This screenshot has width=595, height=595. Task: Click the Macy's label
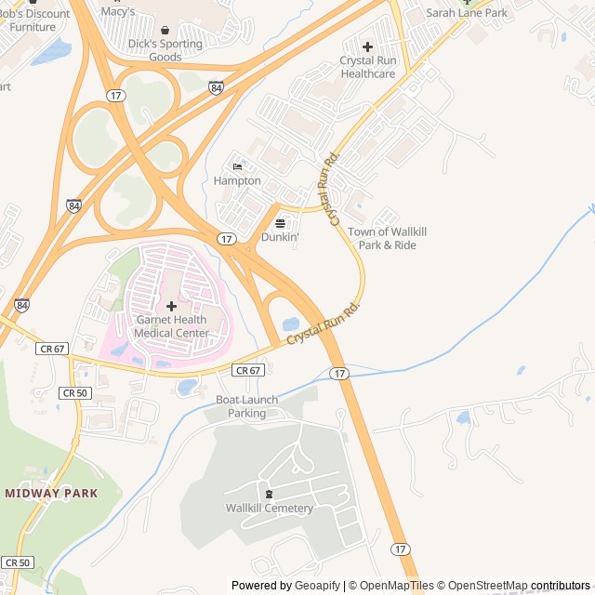pyautogui.click(x=118, y=11)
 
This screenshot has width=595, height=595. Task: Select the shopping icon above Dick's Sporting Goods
pyautogui.click(x=165, y=30)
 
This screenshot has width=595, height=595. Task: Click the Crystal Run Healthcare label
pyautogui.click(x=367, y=67)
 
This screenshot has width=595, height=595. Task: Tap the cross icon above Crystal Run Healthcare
pyautogui.click(x=367, y=46)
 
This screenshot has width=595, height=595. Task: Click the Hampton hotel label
pyautogui.click(x=237, y=180)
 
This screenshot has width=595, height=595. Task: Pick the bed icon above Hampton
pyautogui.click(x=237, y=166)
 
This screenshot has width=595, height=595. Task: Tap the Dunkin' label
pyautogui.click(x=280, y=237)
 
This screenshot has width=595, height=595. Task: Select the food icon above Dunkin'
pyautogui.click(x=280, y=223)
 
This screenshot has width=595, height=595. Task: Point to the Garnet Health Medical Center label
pyautogui.click(x=171, y=326)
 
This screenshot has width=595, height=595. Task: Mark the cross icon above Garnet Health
pyautogui.click(x=171, y=306)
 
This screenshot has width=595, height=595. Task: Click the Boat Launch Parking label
pyautogui.click(x=246, y=406)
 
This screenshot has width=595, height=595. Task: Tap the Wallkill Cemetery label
pyautogui.click(x=270, y=508)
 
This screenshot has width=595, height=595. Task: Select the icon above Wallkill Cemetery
pyautogui.click(x=270, y=494)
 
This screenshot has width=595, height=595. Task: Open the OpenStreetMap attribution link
pyautogui.click(x=483, y=586)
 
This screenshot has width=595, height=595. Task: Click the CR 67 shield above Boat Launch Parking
pyautogui.click(x=248, y=370)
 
